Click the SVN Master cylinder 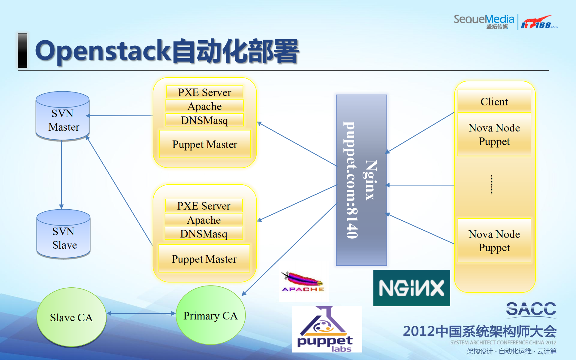[62, 116]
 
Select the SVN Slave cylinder [63, 234]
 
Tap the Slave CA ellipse [71, 317]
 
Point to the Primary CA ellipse [210, 315]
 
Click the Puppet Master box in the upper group [205, 144]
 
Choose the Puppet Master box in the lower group [204, 259]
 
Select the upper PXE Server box [204, 92]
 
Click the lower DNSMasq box [204, 234]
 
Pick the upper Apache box [204, 106]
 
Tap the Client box [494, 101]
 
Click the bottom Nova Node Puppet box [494, 241]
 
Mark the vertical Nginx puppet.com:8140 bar [361, 180]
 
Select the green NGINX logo [412, 288]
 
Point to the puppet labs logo [327, 329]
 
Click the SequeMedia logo [484, 21]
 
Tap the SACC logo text [531, 309]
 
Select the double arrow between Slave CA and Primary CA [141, 313]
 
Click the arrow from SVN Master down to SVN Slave [62, 174]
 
